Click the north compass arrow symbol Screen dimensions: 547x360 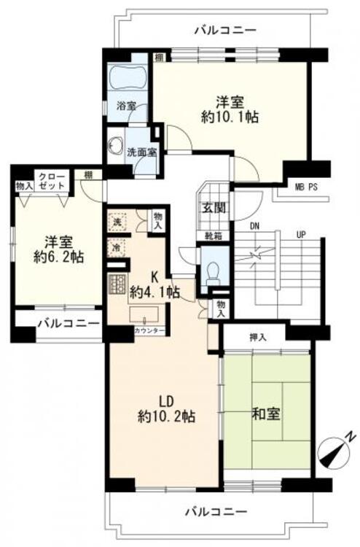tap(336, 450)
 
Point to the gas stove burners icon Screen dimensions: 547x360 tap(117, 282)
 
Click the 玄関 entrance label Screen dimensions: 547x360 tap(214, 206)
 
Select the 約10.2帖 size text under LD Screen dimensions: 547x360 tap(167, 416)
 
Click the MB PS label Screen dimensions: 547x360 tap(305, 187)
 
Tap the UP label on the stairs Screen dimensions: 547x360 tap(300, 234)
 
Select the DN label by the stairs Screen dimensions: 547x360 tap(254, 227)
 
